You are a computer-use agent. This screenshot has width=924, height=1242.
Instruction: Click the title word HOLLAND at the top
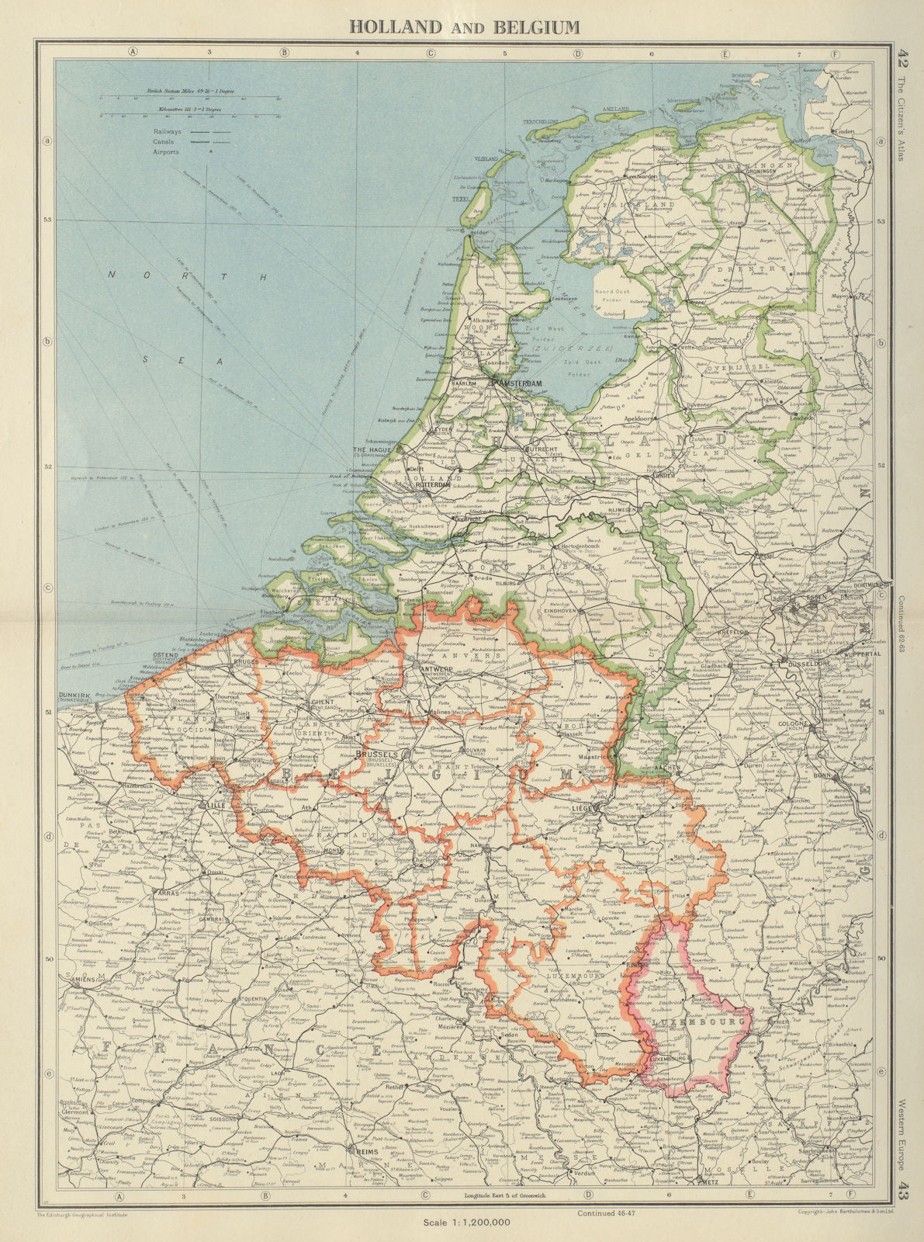tap(394, 27)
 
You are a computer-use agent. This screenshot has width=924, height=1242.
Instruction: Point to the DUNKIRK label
tap(81, 696)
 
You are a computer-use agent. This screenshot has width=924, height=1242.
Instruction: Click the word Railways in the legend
tap(167, 132)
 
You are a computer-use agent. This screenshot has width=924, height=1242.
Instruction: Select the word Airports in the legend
tap(166, 152)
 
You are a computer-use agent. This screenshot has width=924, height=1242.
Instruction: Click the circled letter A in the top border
tap(133, 53)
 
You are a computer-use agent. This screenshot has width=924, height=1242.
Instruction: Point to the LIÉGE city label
tap(582, 808)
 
